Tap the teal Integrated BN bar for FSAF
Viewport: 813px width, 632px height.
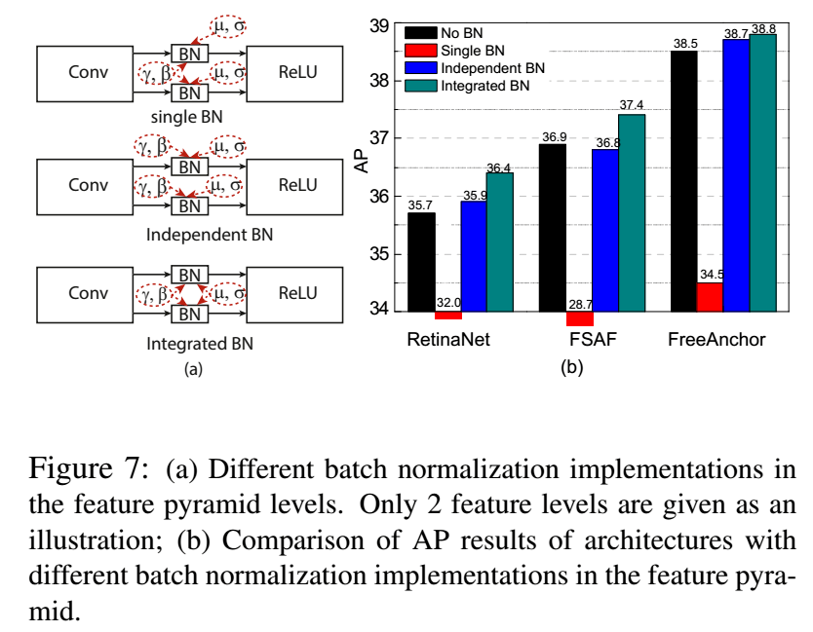(631, 212)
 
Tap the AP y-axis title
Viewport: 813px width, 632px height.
(362, 164)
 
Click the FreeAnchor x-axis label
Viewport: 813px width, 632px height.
(716, 340)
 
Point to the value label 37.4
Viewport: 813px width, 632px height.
(632, 105)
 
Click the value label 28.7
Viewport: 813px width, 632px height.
(579, 305)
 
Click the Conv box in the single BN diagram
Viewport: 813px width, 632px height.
(89, 71)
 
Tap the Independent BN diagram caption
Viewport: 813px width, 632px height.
(210, 234)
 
